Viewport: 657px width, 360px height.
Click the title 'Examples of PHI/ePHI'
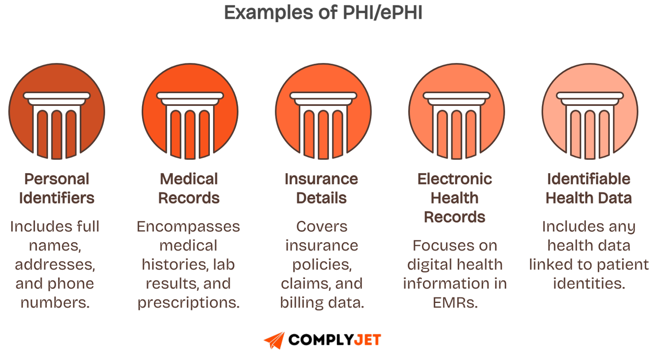coord(323,13)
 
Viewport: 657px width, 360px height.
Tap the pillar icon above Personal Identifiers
coord(57,111)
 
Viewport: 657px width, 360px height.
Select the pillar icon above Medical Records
coord(190,111)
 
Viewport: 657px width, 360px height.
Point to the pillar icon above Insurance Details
coord(323,111)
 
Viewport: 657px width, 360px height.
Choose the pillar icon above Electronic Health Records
coord(456,111)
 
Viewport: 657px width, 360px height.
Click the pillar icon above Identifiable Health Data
coord(590,111)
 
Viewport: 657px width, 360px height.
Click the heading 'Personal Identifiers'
coord(57,188)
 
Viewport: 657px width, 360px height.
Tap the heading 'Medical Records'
coord(189,188)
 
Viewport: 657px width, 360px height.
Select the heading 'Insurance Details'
coord(322,188)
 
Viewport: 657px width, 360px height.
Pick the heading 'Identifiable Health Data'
coord(589,188)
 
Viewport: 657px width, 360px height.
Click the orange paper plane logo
coord(274,340)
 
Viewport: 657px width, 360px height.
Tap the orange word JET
coord(368,340)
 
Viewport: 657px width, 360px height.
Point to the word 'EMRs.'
coord(455,303)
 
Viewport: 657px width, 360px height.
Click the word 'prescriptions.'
coord(188,303)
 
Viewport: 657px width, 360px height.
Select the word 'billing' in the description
coord(302,303)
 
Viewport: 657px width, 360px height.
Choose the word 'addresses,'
coord(55,265)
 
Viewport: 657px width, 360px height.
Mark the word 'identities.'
coord(589,284)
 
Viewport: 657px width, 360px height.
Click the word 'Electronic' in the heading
coord(455,179)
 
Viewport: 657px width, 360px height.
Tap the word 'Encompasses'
coord(188,227)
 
